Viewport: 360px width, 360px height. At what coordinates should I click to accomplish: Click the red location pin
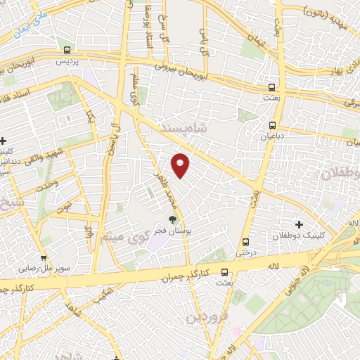click(x=181, y=165)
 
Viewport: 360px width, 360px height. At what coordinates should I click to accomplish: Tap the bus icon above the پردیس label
click(x=67, y=50)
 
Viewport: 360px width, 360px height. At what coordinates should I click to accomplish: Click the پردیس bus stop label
click(x=66, y=62)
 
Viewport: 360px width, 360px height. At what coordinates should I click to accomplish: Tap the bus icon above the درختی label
click(x=245, y=240)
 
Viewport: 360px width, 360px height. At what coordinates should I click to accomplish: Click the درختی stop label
click(x=245, y=251)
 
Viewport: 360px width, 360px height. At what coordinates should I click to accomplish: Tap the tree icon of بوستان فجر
click(x=173, y=220)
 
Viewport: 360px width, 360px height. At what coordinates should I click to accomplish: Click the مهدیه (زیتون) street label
click(x=330, y=11)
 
